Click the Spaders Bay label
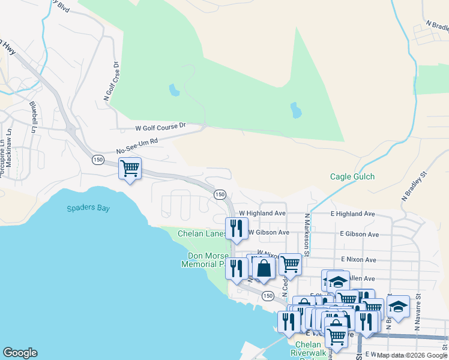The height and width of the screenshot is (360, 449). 88,208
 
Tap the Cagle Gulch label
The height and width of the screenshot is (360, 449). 352,176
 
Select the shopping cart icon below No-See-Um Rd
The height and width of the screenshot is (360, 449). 130,168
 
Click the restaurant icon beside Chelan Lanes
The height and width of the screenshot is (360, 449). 237,229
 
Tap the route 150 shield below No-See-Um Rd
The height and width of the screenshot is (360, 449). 98,160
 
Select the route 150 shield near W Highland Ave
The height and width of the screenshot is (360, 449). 220,194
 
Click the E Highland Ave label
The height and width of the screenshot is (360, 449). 352,214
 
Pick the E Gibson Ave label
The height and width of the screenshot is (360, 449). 359,234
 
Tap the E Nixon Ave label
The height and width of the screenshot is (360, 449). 358,260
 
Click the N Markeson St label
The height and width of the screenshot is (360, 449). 306,235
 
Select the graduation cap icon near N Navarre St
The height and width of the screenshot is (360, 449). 398,307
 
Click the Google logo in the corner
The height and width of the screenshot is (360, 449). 20,353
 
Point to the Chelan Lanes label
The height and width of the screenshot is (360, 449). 202,233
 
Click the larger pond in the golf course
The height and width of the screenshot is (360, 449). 296,110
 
